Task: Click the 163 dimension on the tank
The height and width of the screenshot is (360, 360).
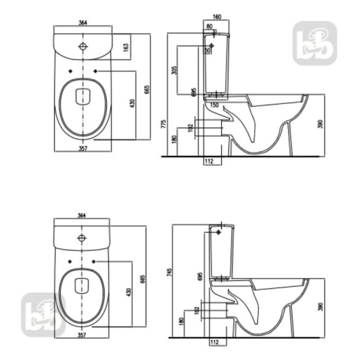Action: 126,48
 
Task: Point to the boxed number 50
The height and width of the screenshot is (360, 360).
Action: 207,50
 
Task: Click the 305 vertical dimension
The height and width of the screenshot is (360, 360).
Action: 175,71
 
